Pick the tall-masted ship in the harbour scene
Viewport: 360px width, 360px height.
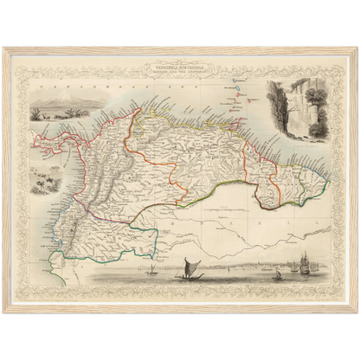(304, 263)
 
